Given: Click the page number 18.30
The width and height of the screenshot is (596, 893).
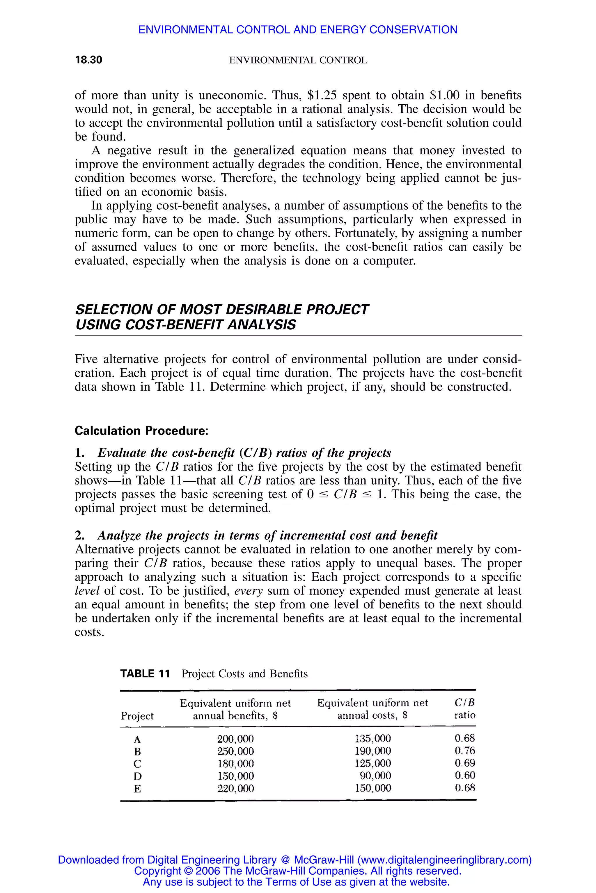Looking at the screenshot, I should tap(88, 60).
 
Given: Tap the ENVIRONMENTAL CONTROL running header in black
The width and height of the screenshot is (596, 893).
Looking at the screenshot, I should tap(298, 60).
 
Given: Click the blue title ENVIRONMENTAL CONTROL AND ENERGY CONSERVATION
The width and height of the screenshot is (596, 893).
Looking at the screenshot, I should tap(298, 30).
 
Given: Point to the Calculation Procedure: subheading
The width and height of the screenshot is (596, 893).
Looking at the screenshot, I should tap(141, 431).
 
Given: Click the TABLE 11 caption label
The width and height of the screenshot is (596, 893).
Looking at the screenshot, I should tap(145, 674).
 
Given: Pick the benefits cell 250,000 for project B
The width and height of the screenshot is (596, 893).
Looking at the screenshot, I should tap(235, 751).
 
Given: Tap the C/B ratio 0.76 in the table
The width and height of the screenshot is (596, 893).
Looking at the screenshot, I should tap(464, 751).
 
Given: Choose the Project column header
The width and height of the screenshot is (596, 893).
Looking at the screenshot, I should tap(137, 716).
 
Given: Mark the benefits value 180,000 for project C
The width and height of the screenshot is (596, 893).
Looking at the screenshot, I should tap(235, 763).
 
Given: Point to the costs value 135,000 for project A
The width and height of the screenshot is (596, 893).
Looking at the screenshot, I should tap(372, 738).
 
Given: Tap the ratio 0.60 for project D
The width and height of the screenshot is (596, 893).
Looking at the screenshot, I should tap(464, 775).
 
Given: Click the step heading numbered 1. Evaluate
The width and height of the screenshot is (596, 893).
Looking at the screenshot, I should tap(233, 453).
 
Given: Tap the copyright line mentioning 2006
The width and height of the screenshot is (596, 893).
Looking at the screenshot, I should tap(298, 871).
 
